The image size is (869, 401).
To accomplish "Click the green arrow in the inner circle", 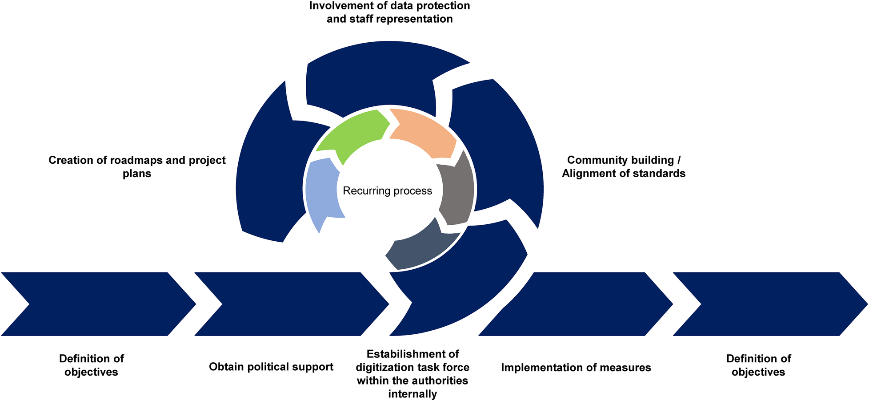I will point(353,134).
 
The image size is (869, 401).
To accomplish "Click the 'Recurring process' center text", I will point(387,191).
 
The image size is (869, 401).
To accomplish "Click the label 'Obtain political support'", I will point(271,367).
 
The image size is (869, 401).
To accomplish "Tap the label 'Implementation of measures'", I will point(576,368).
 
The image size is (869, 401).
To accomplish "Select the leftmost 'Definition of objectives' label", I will point(91,365).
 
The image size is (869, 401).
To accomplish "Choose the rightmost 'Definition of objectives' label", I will point(758,365).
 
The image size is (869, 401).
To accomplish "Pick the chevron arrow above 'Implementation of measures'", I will point(578,304).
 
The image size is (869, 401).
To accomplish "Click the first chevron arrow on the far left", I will point(98,304).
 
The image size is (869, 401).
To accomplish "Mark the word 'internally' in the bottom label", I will point(412,394).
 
